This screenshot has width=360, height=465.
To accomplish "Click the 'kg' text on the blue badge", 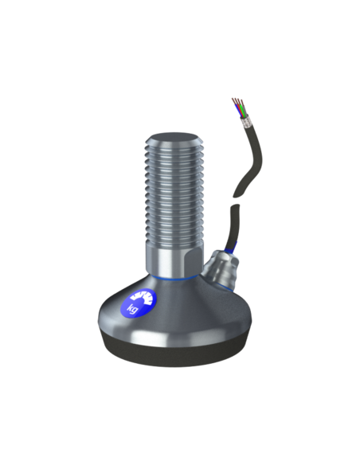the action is tap(132, 308).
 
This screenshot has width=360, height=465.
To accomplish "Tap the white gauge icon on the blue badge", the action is tap(143, 298).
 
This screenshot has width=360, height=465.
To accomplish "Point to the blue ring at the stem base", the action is tap(174, 278).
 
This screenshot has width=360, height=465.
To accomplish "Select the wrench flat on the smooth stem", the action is tap(193, 260).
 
